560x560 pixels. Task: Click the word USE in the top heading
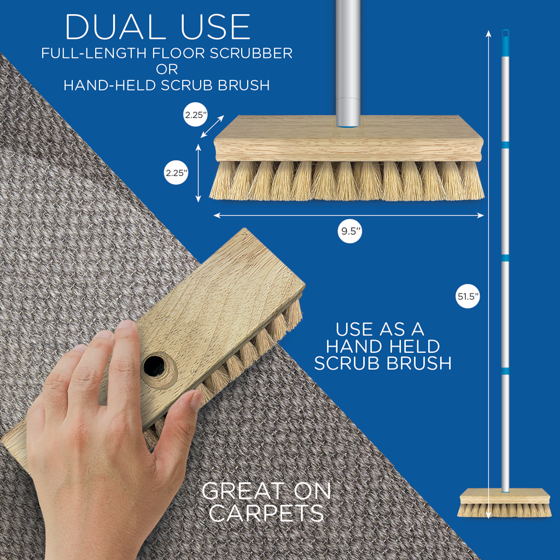215,27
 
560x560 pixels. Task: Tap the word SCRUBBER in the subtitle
251,53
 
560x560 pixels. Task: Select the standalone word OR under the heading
167,69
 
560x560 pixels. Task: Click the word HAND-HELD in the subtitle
110,85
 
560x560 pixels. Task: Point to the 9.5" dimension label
349,231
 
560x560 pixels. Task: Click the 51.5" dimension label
468,296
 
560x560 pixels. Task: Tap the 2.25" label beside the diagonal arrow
195,115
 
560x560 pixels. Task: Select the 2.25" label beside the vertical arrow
177,173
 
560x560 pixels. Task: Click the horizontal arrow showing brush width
348,215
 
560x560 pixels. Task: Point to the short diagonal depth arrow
212,126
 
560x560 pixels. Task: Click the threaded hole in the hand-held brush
155,366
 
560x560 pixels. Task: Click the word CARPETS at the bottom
266,513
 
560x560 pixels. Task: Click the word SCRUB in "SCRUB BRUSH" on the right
347,363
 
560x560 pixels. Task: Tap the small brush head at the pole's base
504,503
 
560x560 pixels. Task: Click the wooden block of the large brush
348,138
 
